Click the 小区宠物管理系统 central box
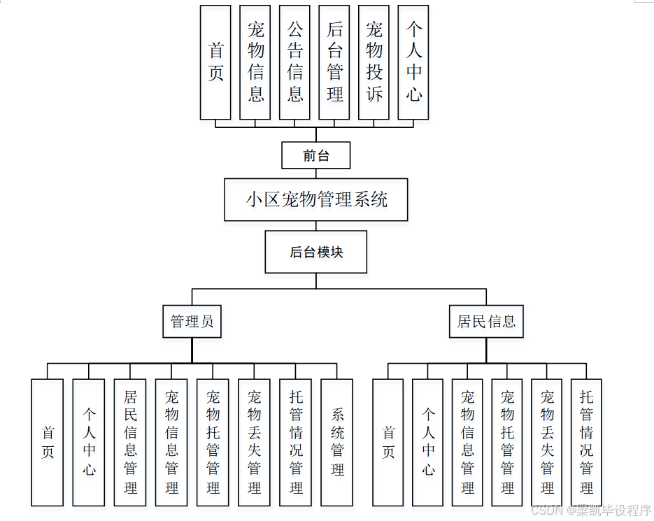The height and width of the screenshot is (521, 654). [316, 199]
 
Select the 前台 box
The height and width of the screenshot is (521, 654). [315, 155]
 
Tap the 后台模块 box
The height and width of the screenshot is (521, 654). [316, 252]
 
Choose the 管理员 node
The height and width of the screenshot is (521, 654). [192, 322]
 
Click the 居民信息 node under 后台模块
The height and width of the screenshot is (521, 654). [486, 322]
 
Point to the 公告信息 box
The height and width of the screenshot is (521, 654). [294, 62]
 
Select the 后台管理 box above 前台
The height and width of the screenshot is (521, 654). [334, 62]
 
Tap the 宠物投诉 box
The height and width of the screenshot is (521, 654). [374, 62]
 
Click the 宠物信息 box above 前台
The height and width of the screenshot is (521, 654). [255, 62]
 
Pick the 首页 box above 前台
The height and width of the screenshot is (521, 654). [215, 62]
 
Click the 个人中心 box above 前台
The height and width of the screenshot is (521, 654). [413, 62]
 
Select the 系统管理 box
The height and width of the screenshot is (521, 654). [337, 442]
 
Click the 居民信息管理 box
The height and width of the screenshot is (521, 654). [130, 442]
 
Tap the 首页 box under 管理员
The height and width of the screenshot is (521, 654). [48, 442]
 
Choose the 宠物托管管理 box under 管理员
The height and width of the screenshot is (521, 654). [213, 442]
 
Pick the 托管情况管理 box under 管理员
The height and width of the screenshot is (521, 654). [296, 442]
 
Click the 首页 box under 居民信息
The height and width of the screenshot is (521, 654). [388, 442]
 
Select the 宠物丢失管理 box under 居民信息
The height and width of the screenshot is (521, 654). [547, 442]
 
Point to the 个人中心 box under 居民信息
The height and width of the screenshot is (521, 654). [428, 442]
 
